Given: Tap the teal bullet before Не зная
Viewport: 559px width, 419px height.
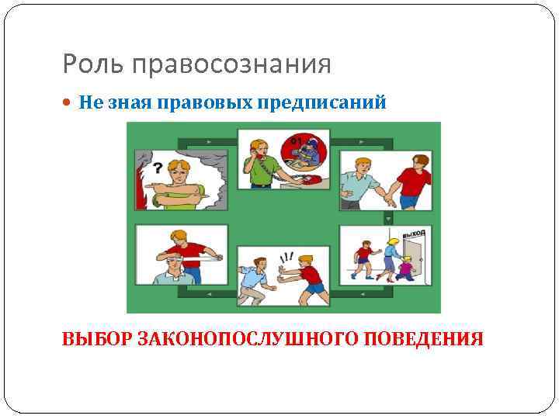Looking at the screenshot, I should [71, 104].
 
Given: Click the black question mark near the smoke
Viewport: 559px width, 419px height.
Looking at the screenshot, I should [158, 167].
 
